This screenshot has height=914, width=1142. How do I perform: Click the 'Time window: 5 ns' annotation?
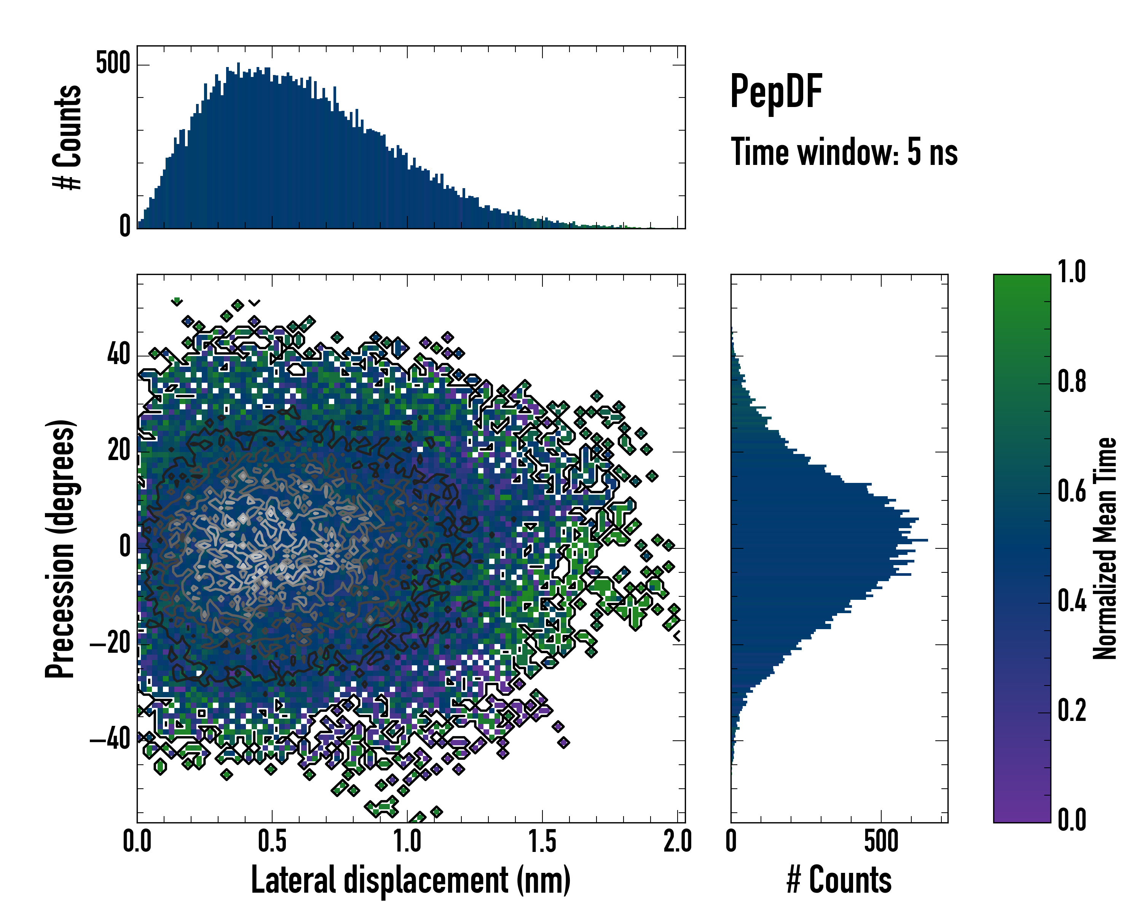click(844, 152)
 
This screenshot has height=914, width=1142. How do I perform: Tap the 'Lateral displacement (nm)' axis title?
click(410, 880)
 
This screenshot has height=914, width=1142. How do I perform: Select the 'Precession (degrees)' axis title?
click(60, 548)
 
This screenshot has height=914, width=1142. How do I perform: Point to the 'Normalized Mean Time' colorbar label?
click(1105, 548)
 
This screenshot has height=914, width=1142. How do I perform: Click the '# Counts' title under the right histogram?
click(839, 880)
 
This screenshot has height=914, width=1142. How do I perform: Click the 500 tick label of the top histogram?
click(113, 64)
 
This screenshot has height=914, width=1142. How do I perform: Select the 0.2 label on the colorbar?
click(1072, 711)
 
